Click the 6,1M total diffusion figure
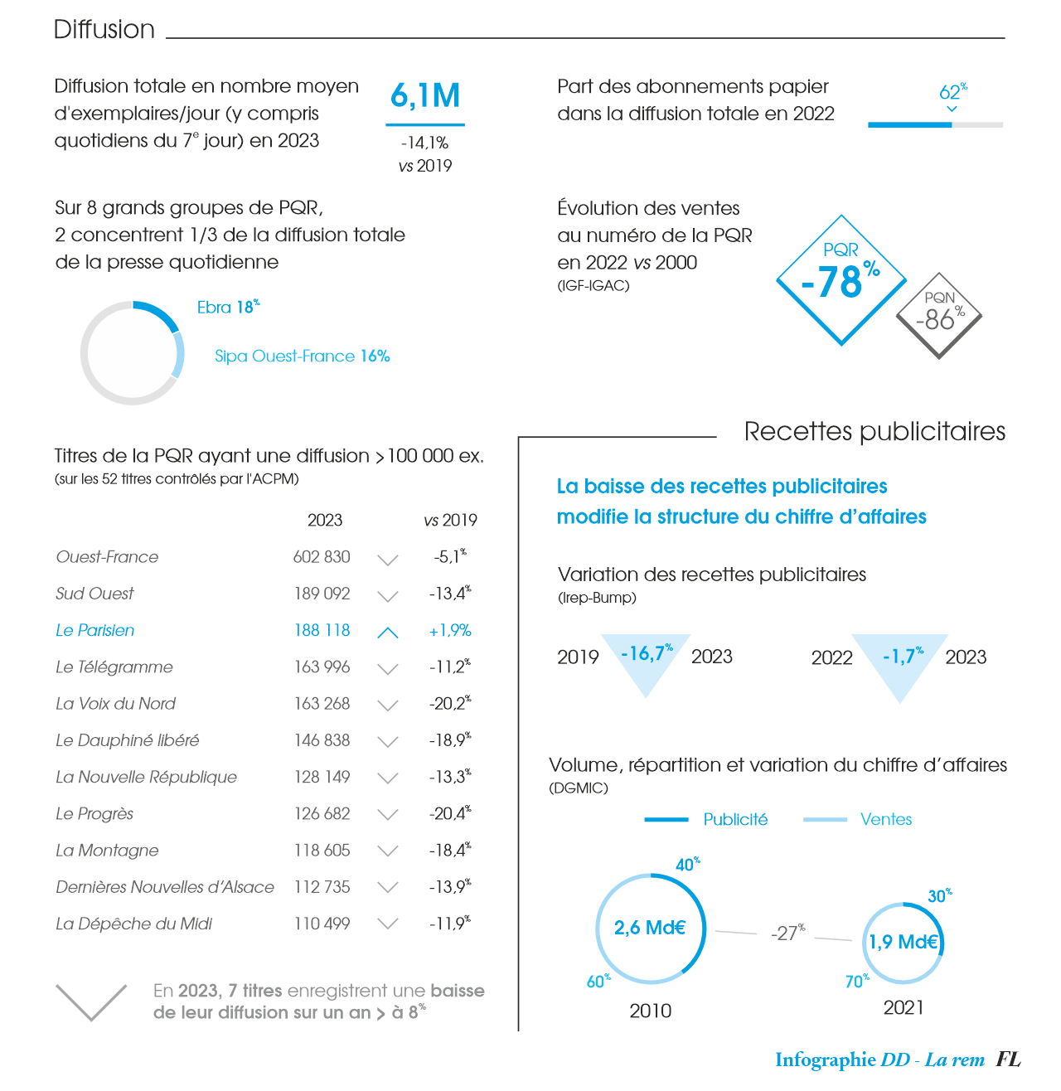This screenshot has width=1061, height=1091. [425, 97]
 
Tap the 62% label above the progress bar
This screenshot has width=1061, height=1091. [952, 92]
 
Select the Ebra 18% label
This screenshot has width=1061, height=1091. [228, 308]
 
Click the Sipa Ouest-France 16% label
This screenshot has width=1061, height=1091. [302, 356]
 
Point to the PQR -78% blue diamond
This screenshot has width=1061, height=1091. [841, 279]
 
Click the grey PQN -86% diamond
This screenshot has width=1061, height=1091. [939, 315]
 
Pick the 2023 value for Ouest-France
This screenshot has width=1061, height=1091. [322, 557]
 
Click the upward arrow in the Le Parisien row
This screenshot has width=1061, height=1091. [388, 633]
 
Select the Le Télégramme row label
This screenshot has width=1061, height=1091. [114, 667]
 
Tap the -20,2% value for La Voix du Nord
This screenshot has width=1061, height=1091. [450, 704]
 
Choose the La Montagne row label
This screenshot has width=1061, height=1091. [107, 851]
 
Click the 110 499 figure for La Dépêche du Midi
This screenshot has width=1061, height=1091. [322, 924]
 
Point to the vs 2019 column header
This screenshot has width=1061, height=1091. [450, 521]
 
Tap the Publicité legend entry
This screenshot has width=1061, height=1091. [734, 820]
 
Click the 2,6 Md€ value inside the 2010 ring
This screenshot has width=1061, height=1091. [650, 929]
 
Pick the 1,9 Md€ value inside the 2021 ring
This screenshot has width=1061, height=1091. [903, 943]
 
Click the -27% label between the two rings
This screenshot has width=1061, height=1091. [787, 933]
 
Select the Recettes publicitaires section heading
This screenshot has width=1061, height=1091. [874, 432]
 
